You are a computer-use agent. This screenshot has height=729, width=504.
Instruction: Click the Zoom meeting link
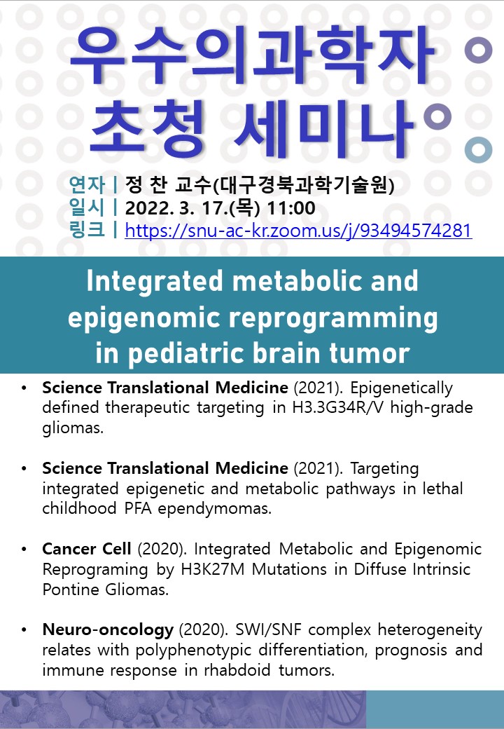coord(298,231)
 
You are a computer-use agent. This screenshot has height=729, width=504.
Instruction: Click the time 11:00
coord(291,207)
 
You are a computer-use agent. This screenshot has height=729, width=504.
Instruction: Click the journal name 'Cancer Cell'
coord(87,549)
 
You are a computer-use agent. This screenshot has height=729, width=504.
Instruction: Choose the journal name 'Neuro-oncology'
coord(108,630)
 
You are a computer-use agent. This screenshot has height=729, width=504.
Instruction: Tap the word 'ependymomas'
coord(214,509)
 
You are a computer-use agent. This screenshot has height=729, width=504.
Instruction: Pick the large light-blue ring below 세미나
coord(479,150)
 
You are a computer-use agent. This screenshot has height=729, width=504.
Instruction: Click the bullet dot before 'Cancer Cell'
coord(24,549)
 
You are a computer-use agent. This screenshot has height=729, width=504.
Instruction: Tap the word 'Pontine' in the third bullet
coord(71,589)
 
